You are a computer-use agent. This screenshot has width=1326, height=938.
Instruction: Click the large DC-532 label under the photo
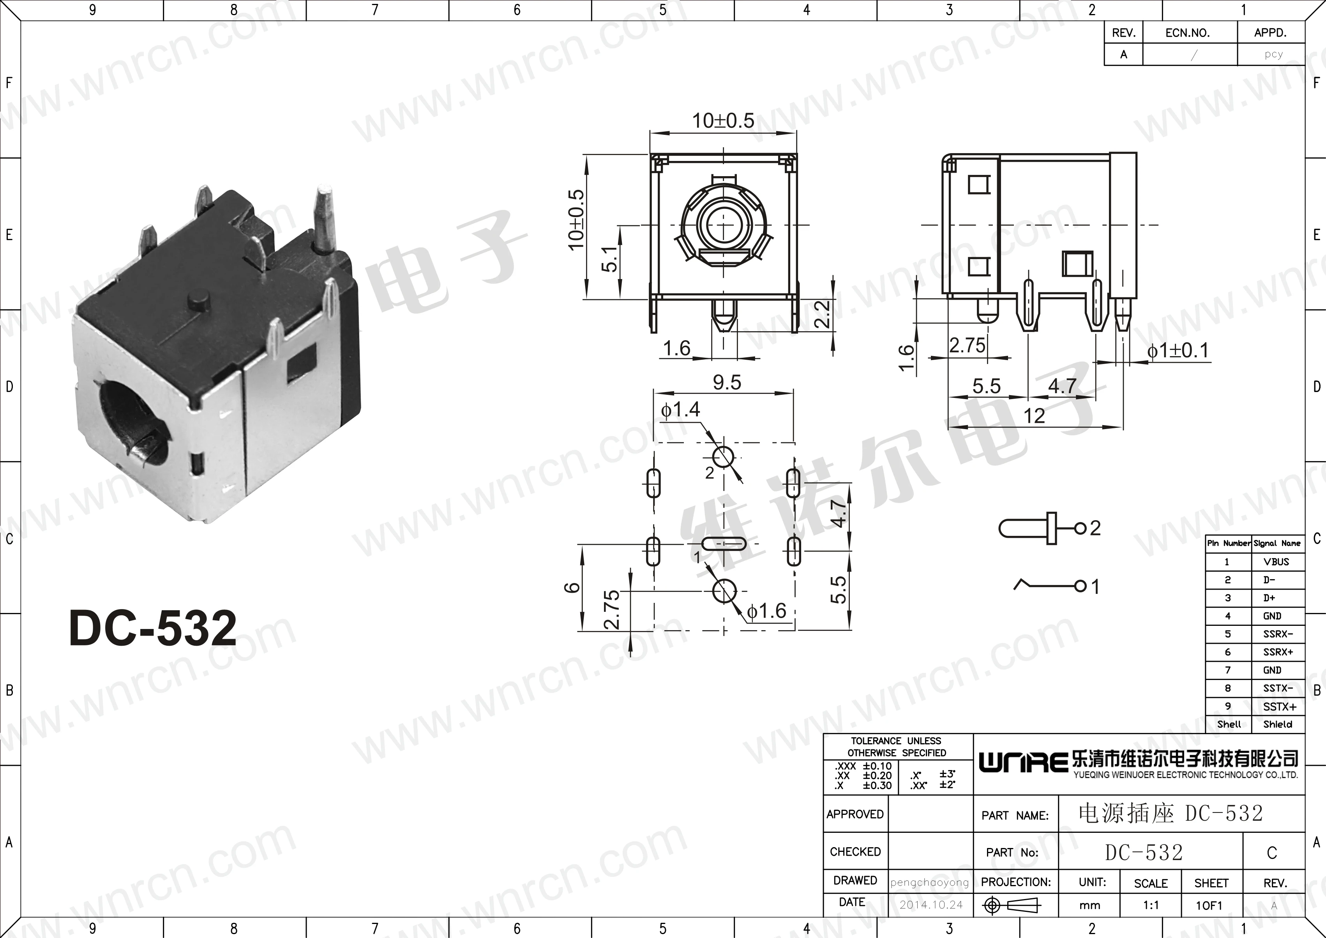[x=153, y=628]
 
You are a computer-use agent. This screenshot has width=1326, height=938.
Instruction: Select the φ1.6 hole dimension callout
[x=766, y=611]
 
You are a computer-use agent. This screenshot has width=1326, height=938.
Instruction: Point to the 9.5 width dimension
[x=727, y=382]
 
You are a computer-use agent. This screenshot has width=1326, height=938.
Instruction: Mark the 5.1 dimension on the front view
[x=609, y=258]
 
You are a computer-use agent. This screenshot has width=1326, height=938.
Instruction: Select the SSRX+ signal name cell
[x=1277, y=652]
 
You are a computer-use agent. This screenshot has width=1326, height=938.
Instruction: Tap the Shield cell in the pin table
[x=1277, y=724]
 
